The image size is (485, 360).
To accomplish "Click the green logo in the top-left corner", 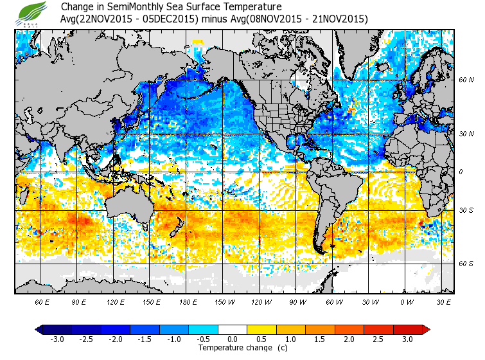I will [33, 14].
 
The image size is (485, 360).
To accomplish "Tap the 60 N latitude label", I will [466, 80].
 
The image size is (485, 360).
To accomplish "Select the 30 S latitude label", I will [466, 211].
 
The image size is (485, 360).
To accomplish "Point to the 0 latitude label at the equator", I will [460, 172].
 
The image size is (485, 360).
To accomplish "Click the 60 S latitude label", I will [466, 264].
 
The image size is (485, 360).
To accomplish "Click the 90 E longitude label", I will [79, 301].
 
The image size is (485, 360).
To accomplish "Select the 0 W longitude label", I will [406, 301].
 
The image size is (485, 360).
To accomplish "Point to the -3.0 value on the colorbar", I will [58, 339].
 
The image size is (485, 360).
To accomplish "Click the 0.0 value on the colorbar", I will [232, 339].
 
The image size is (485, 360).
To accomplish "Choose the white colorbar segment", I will [232, 329].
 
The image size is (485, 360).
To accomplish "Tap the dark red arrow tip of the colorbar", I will [426, 329].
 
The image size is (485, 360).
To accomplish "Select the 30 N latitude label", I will [466, 133].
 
